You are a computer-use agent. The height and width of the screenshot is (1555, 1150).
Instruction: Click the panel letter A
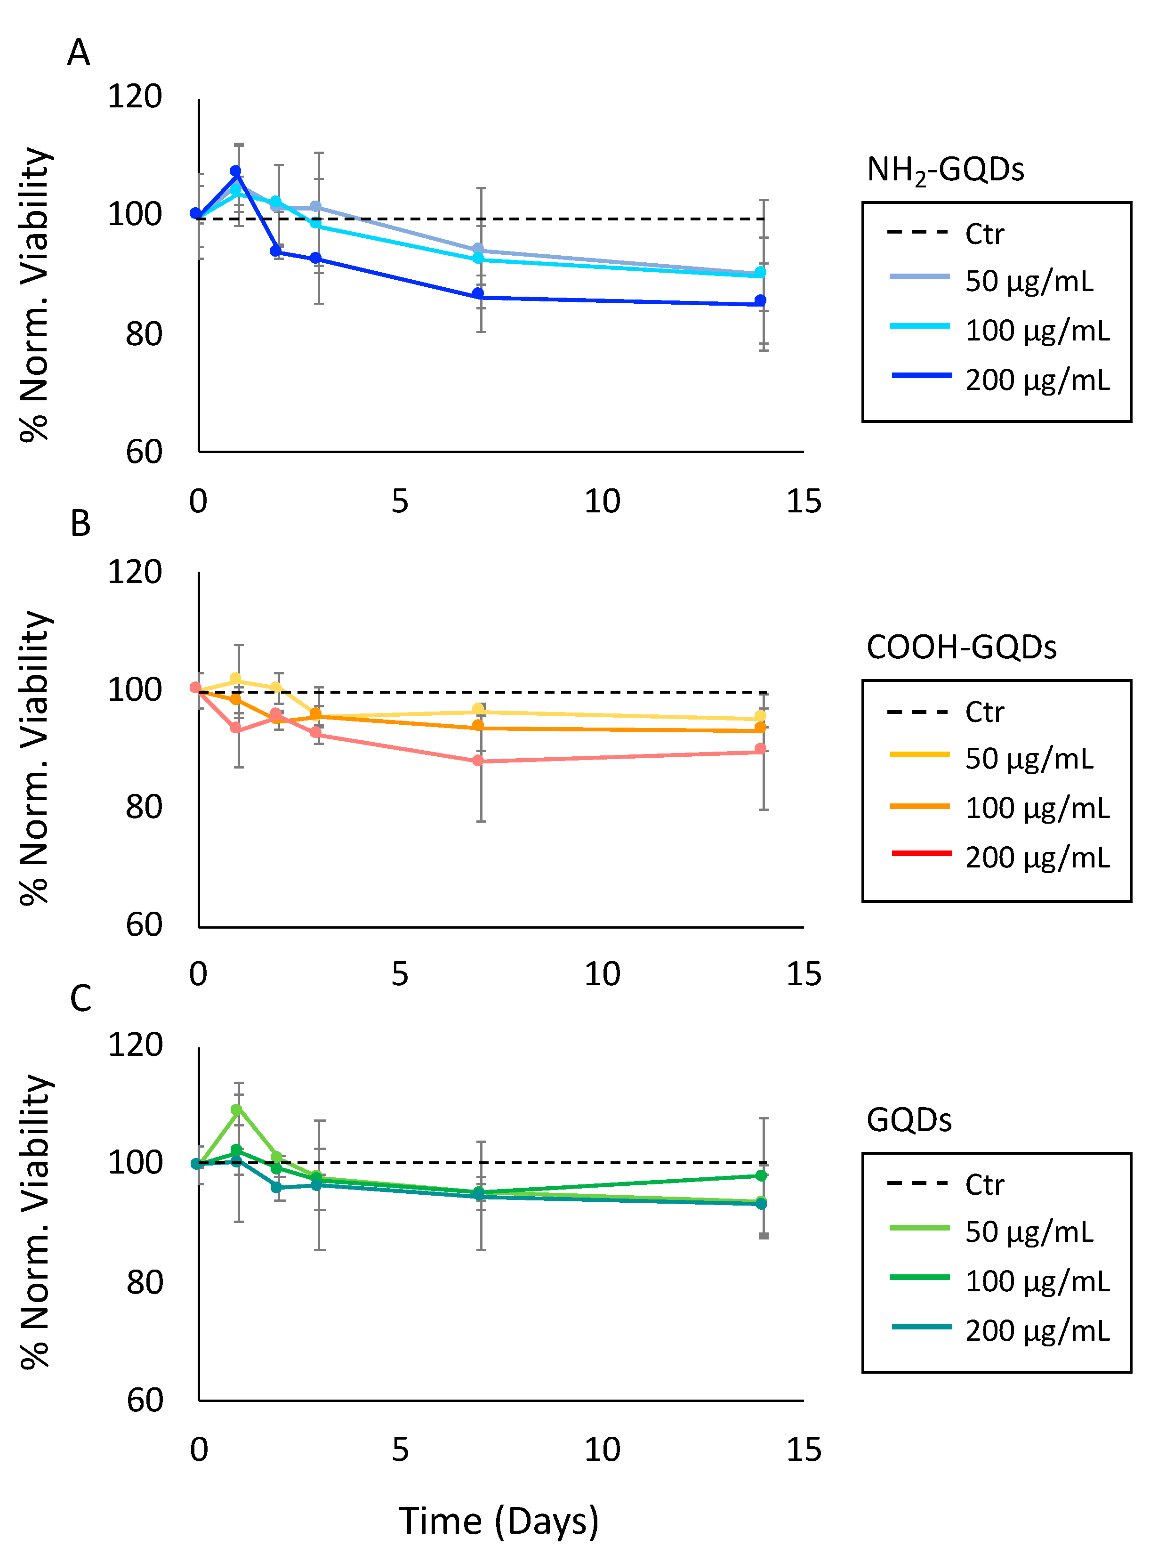coord(79,53)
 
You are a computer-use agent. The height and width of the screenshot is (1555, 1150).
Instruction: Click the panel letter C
coord(81,998)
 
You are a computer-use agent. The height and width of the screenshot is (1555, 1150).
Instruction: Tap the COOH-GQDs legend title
coord(961,648)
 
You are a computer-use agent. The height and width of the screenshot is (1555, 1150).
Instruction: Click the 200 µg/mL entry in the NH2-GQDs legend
coord(1037,380)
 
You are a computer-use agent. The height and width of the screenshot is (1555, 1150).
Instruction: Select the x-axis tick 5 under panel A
coord(400,502)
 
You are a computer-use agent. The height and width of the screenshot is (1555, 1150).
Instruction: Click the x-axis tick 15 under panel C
coord(804,1450)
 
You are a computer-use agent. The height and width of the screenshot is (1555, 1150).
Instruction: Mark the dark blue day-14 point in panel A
coord(760,301)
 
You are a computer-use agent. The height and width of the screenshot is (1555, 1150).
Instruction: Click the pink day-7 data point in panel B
coord(478,761)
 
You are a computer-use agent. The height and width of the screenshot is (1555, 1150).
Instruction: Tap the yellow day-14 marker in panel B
coord(760,716)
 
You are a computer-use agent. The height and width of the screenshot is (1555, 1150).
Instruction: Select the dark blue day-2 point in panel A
coord(276,251)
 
